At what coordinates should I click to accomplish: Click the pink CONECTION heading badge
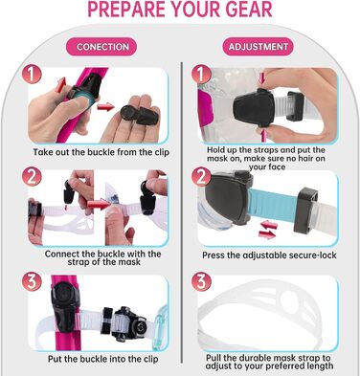(x=101, y=47)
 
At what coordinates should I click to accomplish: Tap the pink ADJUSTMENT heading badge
(x=258, y=47)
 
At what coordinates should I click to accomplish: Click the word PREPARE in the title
(x=127, y=9)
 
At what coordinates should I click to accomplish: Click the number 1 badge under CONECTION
(x=32, y=75)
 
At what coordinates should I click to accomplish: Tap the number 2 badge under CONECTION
(x=32, y=176)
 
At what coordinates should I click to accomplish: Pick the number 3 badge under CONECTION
(x=32, y=281)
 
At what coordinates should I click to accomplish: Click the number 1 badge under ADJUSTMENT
(x=201, y=75)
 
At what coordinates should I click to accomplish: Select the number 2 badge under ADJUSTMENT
(x=201, y=176)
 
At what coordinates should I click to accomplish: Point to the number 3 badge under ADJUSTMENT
(x=201, y=281)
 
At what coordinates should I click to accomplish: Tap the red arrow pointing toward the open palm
(x=105, y=107)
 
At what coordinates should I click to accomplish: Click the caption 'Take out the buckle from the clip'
(x=101, y=152)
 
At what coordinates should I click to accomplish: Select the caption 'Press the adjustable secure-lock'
(x=269, y=255)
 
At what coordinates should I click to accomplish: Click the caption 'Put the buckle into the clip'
(x=102, y=359)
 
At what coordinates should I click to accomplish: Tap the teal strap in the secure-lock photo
(x=273, y=205)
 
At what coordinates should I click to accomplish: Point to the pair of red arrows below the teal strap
(x=267, y=231)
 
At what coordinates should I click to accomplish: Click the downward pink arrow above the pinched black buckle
(x=262, y=78)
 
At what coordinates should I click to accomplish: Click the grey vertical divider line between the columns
(x=181, y=212)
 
